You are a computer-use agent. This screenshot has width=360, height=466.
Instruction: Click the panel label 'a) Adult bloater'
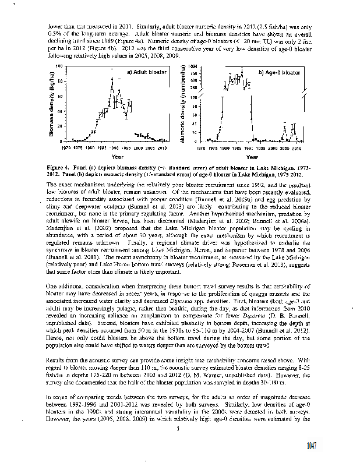(142, 72)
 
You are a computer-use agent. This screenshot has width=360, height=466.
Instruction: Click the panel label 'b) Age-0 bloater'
(279, 72)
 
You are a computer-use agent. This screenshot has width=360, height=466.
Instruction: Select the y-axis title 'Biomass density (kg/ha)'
(51, 105)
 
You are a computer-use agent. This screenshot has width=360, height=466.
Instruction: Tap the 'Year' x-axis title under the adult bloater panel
(117, 157)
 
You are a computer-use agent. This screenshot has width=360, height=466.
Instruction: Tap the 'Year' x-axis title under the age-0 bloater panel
(252, 157)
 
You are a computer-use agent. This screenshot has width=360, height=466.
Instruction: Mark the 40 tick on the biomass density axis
(60, 111)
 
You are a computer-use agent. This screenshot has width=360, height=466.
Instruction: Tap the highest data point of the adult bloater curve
(112, 78)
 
